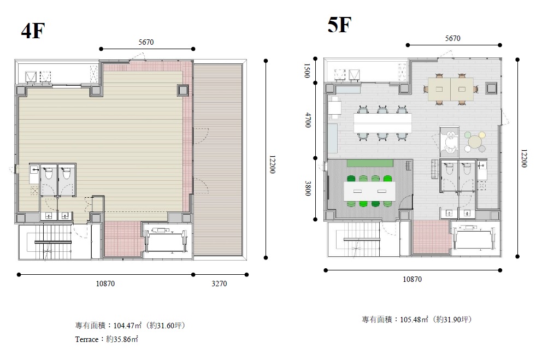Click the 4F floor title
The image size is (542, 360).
pos(33,31)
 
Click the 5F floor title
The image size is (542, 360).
pos(339,25)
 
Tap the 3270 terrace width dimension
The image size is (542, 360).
pos(219,284)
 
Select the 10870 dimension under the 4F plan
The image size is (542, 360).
pos(105,284)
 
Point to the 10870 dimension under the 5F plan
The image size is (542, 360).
pos(412,279)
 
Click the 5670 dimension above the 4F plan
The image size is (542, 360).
pos(146,42)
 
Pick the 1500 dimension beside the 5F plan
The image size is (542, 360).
pos(307,70)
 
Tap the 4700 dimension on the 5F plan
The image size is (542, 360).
pos(307,120)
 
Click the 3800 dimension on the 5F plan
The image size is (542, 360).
pos(307,188)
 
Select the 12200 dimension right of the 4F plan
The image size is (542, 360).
pos(272,164)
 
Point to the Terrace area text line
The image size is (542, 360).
pos(107,339)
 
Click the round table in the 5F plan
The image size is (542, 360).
pos(476,141)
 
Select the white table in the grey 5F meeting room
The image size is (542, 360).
pos(369,191)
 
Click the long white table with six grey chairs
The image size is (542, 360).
pos(382,123)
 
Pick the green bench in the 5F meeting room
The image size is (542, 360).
pos(369,163)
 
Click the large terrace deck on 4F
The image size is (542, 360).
pos(218,160)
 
